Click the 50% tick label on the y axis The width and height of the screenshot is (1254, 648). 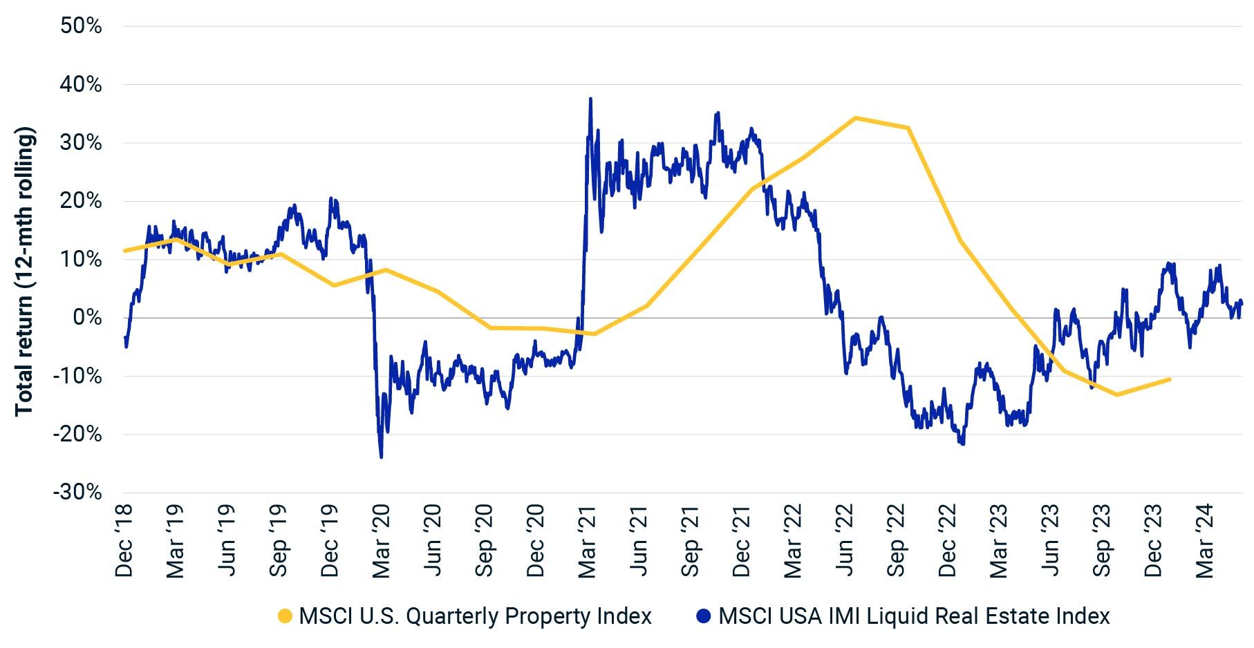(x=82, y=26)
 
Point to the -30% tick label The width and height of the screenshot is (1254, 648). (x=77, y=493)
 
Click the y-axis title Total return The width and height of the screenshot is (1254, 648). (x=25, y=271)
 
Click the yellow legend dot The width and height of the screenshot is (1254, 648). (x=285, y=616)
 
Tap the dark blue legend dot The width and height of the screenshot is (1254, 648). (x=704, y=616)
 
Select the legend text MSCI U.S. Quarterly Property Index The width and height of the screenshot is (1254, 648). (x=475, y=616)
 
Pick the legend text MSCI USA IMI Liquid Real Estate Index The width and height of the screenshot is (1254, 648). (x=914, y=616)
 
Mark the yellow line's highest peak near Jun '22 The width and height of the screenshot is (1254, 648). (x=855, y=118)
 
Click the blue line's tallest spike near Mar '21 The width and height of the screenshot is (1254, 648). (x=590, y=99)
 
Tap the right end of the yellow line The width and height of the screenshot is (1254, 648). (x=1169, y=379)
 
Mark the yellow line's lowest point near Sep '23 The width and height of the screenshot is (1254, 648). (x=1116, y=394)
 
